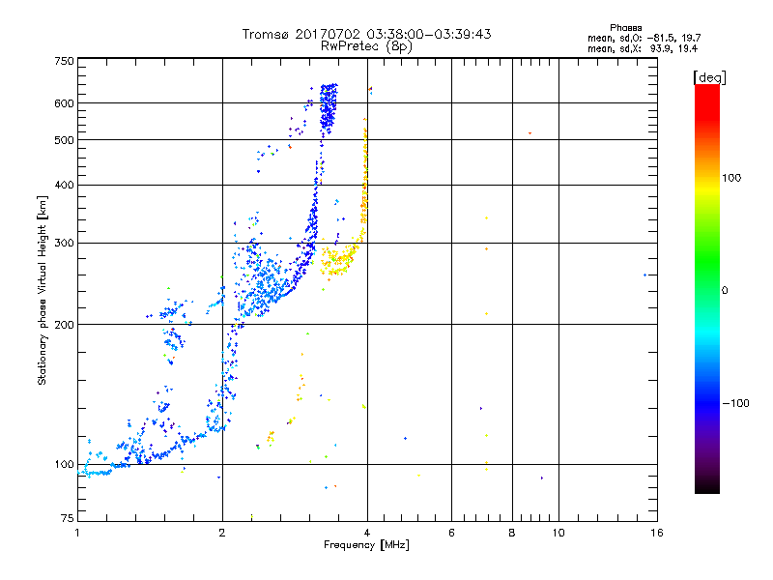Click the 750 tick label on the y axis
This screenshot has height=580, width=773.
click(x=64, y=60)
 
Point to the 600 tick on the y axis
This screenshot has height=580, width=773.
click(x=64, y=103)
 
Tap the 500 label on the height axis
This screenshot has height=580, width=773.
click(x=64, y=140)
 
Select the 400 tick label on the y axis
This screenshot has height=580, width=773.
click(x=64, y=185)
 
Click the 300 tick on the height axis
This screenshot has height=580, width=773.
click(x=64, y=243)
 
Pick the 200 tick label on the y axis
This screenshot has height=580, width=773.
click(x=64, y=324)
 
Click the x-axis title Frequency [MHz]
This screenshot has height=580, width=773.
click(x=366, y=546)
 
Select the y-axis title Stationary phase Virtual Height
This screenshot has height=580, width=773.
click(x=43, y=290)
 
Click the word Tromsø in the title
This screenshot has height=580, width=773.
click(x=269, y=34)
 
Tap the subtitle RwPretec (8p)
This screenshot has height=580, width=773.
click(x=366, y=45)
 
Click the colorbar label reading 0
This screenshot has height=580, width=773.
click(x=726, y=290)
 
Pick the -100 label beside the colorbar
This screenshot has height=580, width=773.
click(x=735, y=403)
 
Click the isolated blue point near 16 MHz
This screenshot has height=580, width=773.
click(x=644, y=275)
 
